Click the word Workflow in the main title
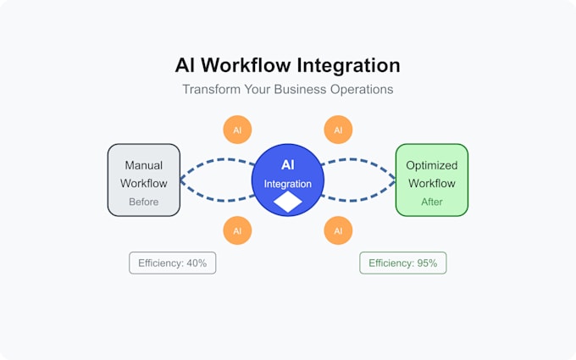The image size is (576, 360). tap(250, 65)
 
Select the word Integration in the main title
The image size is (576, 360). tap(348, 65)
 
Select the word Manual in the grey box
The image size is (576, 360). tap(143, 165)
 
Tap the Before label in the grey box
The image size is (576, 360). tap(143, 202)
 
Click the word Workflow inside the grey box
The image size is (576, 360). tap(143, 183)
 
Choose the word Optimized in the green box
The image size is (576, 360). tap(431, 165)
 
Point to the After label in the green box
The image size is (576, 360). tap(431, 202)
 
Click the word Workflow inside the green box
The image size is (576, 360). tap(431, 183)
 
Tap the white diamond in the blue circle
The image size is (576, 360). tap(288, 202)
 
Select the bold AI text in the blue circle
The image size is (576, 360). tap(288, 164)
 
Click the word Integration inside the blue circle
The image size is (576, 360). tap(288, 184)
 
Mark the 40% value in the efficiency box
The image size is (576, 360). tap(196, 263)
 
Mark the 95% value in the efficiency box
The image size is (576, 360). tap(426, 263)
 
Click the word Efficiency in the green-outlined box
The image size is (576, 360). tap(390, 263)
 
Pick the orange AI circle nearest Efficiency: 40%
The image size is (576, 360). tap(237, 230)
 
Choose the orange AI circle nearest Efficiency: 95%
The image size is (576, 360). tap(338, 230)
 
